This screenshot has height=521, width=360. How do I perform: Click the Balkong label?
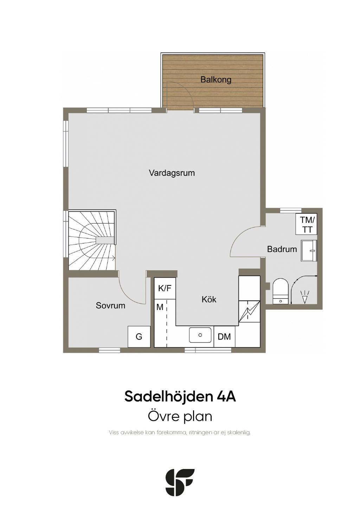click(x=216, y=79)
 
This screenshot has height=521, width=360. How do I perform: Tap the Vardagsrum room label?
click(x=172, y=173)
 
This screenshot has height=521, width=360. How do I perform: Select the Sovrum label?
click(x=110, y=305)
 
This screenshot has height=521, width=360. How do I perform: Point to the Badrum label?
click(x=282, y=249)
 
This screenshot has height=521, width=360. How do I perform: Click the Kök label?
click(x=209, y=300)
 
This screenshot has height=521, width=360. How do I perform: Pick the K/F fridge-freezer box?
click(x=165, y=288)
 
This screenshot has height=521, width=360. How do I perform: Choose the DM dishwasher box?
click(x=224, y=337)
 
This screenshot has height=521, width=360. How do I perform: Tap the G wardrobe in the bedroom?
click(x=139, y=337)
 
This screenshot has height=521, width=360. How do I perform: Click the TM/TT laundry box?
click(x=307, y=225)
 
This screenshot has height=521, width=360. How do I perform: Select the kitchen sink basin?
click(x=200, y=335)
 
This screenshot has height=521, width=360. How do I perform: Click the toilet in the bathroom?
click(x=280, y=291)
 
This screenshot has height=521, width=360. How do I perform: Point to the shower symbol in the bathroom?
click(x=304, y=297)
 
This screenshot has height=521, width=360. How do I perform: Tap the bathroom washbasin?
click(x=309, y=251)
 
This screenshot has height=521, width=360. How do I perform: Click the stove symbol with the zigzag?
click(x=249, y=311)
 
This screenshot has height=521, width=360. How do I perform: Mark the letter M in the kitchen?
click(x=160, y=307)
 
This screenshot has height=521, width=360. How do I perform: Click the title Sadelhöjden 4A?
click(x=180, y=396)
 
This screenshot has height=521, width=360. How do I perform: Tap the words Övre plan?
click(x=180, y=416)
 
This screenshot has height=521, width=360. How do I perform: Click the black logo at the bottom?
click(x=180, y=482)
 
